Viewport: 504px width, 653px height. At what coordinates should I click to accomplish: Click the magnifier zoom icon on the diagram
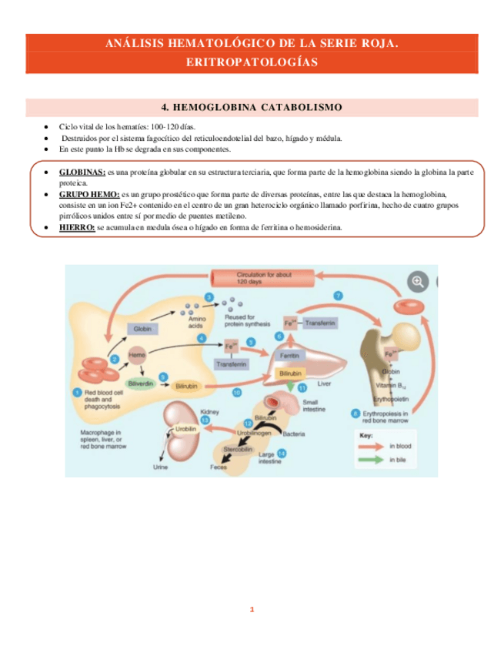[419, 282]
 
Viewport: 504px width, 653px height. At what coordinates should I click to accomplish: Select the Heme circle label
[137, 355]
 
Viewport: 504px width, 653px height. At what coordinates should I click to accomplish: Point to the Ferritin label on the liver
[289, 356]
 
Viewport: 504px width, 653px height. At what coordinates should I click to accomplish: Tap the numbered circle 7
[338, 296]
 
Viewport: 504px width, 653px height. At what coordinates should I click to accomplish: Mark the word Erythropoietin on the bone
[390, 400]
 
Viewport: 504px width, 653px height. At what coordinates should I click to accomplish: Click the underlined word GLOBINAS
[82, 172]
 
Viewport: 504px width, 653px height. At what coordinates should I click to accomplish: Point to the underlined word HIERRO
[77, 228]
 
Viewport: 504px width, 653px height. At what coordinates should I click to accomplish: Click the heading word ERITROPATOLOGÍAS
[252, 63]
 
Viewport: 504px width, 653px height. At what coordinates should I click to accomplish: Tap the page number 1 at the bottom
[252, 611]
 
